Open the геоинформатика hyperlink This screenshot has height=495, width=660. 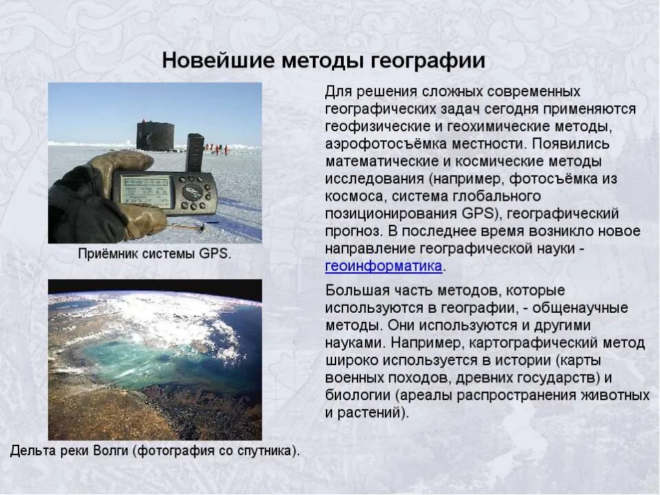point(384,266)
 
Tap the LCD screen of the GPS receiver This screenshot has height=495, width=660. point(144,188)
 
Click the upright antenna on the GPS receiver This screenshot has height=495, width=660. point(195,151)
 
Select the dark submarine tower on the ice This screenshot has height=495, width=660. point(155,135)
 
